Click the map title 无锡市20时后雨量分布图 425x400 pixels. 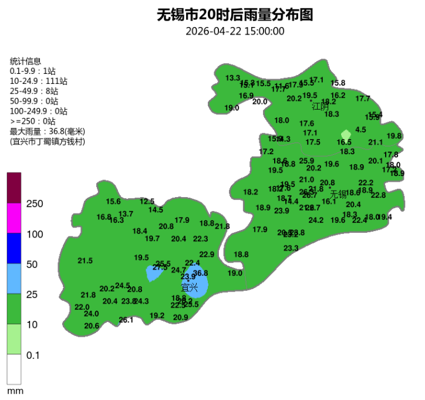(235, 15)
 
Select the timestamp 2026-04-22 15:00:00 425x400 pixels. (235, 31)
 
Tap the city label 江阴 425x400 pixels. (321, 106)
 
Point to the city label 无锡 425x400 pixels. (339, 194)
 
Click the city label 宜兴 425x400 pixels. (189, 287)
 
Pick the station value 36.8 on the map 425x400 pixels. (201, 273)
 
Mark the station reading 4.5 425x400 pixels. (361, 130)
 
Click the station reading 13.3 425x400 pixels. (233, 78)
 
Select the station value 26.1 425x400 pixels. (126, 320)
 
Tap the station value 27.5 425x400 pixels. (160, 268)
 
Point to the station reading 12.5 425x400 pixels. (147, 201)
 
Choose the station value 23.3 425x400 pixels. (291, 249)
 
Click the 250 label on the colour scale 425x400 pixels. (35, 204)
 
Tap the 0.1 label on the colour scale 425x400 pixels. (33, 355)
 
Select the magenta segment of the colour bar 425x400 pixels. (14, 218)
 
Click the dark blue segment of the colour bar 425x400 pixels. (14, 249)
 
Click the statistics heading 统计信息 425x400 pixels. (26, 61)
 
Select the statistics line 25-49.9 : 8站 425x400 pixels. (34, 91)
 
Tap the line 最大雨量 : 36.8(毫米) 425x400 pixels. (48, 131)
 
